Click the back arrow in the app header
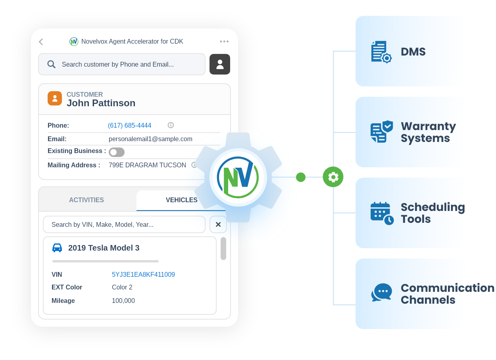tap(41, 42)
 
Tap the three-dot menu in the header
tap(224, 42)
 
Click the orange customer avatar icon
tap(55, 98)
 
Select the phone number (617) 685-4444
tap(129, 125)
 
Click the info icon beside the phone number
tap(171, 125)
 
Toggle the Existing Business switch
tap(117, 152)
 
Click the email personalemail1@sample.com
tap(150, 139)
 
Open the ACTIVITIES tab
tap(87, 200)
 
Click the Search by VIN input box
tap(124, 224)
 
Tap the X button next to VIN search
tap(218, 224)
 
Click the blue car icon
tap(57, 248)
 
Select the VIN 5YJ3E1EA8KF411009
tap(143, 274)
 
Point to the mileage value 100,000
tap(123, 301)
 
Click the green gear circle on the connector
tap(333, 177)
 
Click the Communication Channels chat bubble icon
tap(382, 293)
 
